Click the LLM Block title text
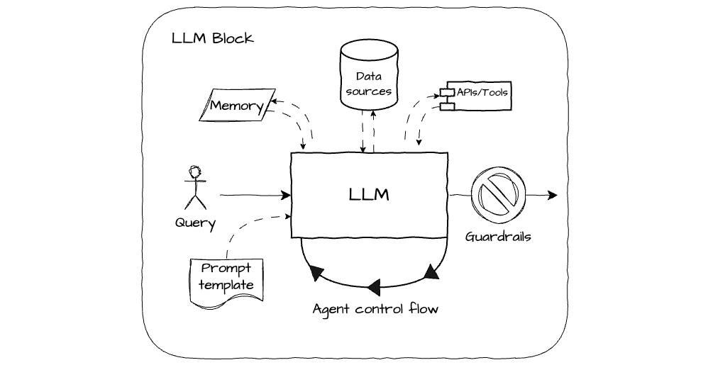212,38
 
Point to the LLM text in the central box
369,194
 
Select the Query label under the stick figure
195,223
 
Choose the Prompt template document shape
226,279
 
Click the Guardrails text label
498,237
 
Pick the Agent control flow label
376,309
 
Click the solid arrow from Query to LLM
255,194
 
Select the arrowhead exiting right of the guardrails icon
553,195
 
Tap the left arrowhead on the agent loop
316,274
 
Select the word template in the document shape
226,285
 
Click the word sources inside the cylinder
370,91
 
